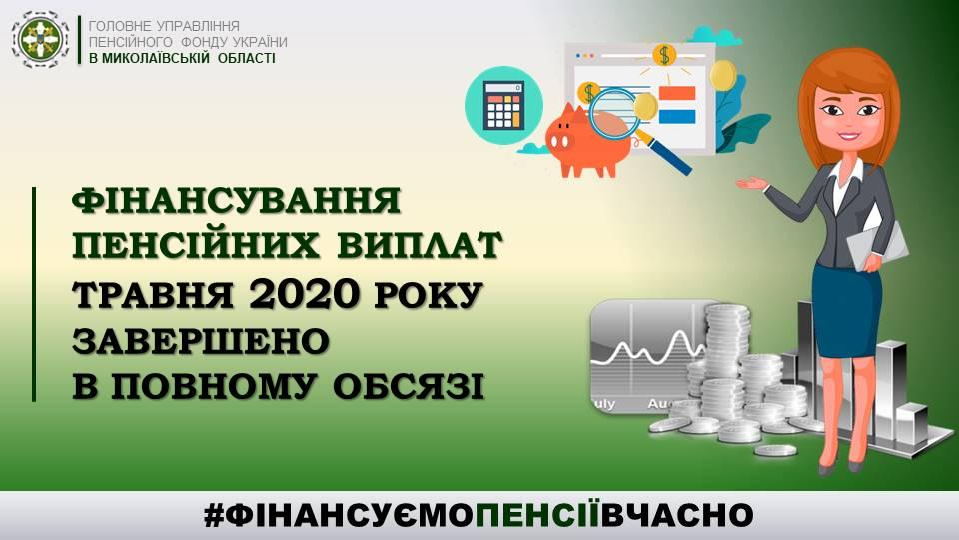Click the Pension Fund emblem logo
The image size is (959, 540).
tap(41, 40)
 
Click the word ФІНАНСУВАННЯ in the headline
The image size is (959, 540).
tap(237, 201)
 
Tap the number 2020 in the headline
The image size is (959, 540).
tap(303, 294)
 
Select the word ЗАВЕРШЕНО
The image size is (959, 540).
tap(201, 341)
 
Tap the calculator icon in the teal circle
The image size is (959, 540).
tap(503, 105)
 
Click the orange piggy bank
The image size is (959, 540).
tap(588, 141)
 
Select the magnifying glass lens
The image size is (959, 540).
tap(614, 113)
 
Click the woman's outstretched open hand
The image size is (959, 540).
tap(751, 182)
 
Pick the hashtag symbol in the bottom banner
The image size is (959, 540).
tap(214, 516)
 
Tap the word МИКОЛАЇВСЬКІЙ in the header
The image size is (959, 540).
tap(159, 59)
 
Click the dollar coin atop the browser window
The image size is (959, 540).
tap(664, 55)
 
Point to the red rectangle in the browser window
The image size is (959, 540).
tap(677, 94)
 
